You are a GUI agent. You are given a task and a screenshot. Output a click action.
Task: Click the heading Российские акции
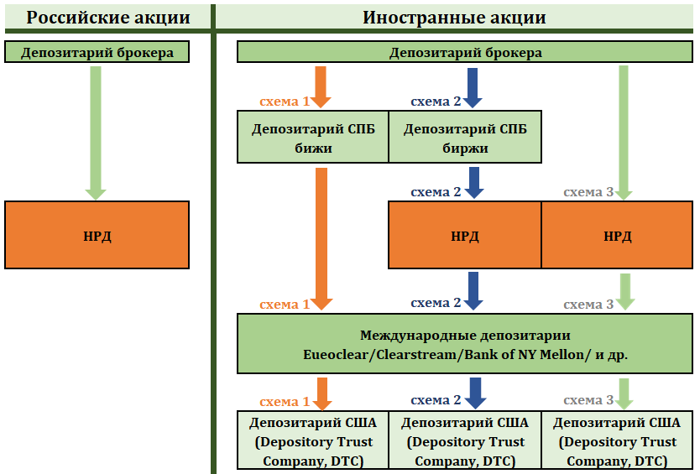[97, 18]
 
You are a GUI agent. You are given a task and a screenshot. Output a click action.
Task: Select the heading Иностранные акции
[454, 18]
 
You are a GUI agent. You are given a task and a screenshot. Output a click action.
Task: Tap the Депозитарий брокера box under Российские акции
[97, 52]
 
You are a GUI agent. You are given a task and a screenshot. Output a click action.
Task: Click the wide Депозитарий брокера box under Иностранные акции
[465, 52]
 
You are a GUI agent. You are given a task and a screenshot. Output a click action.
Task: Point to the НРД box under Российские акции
[97, 235]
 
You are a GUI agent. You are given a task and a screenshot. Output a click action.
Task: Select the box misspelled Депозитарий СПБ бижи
[313, 138]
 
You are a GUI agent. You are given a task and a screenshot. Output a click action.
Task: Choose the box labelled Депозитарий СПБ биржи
[465, 138]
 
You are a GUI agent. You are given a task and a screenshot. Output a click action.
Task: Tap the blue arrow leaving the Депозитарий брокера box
[473, 86]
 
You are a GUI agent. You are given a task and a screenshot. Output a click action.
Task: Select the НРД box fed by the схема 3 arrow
[616, 235]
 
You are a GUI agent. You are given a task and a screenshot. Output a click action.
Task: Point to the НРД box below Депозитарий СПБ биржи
[464, 235]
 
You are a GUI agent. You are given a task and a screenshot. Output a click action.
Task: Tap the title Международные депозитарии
[465, 335]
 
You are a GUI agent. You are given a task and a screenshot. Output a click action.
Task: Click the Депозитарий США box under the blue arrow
[464, 441]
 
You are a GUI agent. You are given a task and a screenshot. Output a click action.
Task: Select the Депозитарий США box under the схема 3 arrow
[616, 441]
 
